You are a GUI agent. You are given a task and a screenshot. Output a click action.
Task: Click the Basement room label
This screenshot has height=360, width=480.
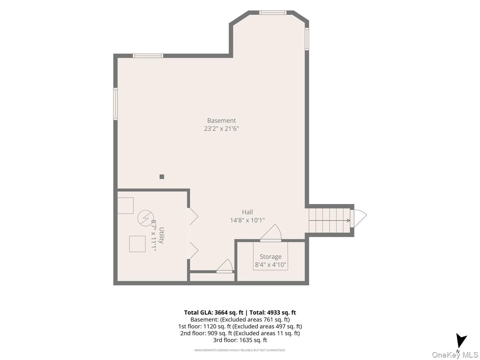(x=221, y=120)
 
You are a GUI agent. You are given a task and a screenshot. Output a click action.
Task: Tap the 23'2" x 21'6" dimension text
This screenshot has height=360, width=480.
(x=221, y=128)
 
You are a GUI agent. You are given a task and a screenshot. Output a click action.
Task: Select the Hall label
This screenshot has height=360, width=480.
(x=247, y=212)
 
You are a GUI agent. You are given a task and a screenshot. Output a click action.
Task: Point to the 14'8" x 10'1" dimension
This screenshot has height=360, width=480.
(x=247, y=220)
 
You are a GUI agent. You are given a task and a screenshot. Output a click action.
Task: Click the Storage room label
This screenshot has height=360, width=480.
(x=270, y=257)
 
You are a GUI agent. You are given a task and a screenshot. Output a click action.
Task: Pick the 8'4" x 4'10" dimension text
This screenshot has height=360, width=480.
(x=270, y=265)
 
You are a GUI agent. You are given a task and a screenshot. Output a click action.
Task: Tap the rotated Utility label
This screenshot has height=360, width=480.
(x=161, y=236)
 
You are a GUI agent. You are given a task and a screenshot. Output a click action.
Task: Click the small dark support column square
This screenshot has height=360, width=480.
(x=162, y=177)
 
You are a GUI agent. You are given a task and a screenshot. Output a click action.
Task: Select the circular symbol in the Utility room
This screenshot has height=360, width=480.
(x=146, y=218)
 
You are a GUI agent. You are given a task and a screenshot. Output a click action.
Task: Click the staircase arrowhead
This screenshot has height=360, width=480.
(x=348, y=220)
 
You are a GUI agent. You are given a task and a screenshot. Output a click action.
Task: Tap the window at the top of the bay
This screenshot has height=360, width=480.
(x=273, y=12)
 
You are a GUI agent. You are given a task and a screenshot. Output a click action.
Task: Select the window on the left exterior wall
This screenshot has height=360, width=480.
(x=115, y=104)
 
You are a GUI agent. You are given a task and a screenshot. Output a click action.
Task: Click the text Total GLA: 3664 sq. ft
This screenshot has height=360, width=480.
(x=214, y=312)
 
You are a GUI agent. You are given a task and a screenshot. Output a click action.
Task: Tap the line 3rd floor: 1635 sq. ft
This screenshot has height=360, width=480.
(x=240, y=340)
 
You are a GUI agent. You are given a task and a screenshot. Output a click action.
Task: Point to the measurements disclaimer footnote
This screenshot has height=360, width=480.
(x=240, y=350)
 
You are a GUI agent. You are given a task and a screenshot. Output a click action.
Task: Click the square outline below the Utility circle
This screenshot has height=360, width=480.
(x=137, y=244)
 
